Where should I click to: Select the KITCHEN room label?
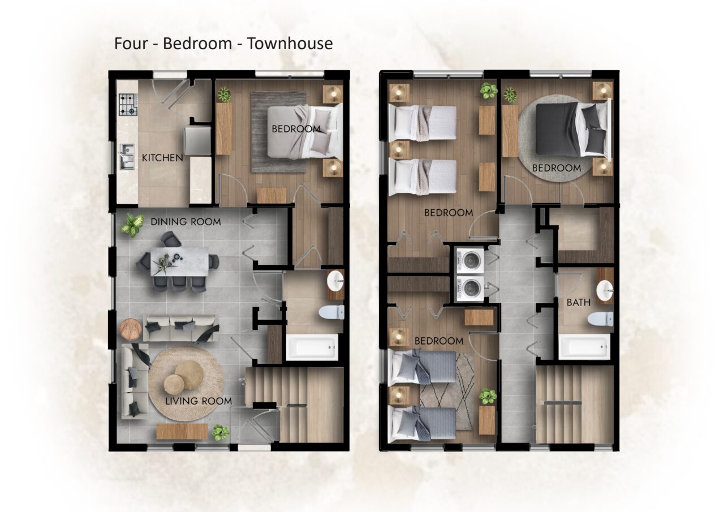162,158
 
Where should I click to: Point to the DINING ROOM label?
186,222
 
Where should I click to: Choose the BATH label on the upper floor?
579,303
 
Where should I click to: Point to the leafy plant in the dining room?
132,225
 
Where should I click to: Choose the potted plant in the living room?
220,433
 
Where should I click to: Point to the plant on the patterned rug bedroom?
488,396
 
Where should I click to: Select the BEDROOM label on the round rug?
556,168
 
